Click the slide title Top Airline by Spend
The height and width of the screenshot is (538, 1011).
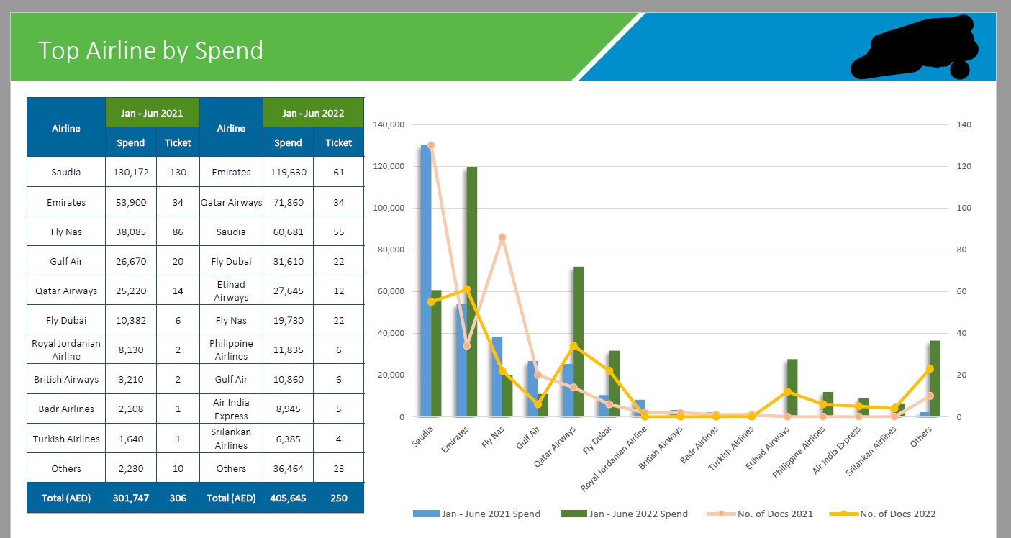(x=150, y=50)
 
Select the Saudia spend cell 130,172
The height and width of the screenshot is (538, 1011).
(x=131, y=173)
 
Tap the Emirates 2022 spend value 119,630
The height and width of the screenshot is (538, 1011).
(x=288, y=173)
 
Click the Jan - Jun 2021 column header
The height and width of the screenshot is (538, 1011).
(x=152, y=113)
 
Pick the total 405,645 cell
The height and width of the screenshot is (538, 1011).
(x=288, y=498)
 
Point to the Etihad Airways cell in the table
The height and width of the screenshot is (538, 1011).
(x=231, y=291)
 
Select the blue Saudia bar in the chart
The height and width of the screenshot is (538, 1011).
(x=425, y=281)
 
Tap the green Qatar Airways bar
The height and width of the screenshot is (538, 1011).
(x=579, y=342)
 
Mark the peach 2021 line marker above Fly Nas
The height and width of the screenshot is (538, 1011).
(x=502, y=237)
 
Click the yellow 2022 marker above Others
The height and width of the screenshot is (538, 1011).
(x=930, y=369)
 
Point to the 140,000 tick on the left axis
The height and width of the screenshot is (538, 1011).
(x=389, y=125)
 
